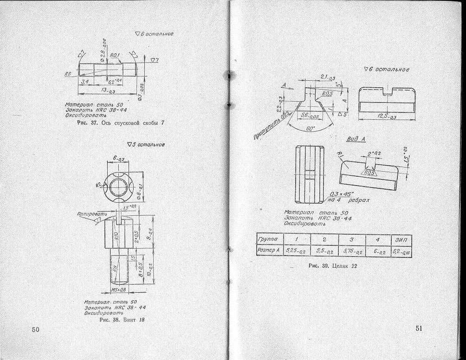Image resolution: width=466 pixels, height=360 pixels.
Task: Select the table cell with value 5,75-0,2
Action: (351, 251)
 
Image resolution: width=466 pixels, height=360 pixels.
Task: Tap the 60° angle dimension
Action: (311, 129)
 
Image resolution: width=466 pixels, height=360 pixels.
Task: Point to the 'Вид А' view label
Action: (355, 139)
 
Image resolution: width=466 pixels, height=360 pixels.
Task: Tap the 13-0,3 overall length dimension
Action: (108, 91)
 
